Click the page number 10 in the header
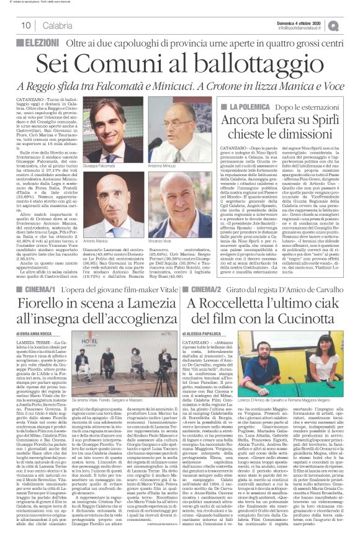pyautogui.click(x=26, y=25)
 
